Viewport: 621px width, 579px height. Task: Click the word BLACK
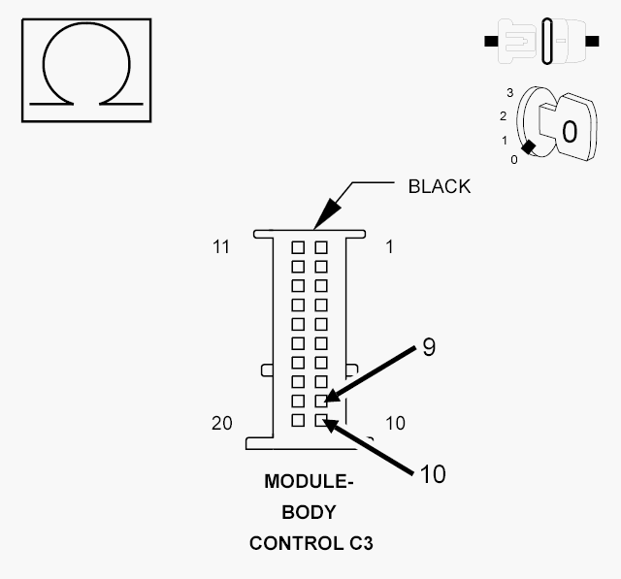tap(439, 187)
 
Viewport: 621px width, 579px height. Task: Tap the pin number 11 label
tap(221, 247)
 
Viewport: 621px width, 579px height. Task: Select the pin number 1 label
tap(389, 247)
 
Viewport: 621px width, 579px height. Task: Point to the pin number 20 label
tap(221, 423)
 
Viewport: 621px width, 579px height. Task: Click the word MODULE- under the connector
tap(310, 482)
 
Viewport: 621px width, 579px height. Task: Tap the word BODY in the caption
tap(310, 512)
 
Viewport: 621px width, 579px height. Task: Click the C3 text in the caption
tap(360, 543)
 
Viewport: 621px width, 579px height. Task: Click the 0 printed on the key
tap(570, 131)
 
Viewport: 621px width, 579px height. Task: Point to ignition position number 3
tap(508, 92)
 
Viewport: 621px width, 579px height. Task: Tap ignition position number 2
tap(504, 116)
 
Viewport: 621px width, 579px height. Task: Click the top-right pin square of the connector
tap(321, 247)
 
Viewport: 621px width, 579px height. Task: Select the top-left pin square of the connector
tap(298, 247)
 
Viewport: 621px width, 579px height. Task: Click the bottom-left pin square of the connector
tap(298, 420)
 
